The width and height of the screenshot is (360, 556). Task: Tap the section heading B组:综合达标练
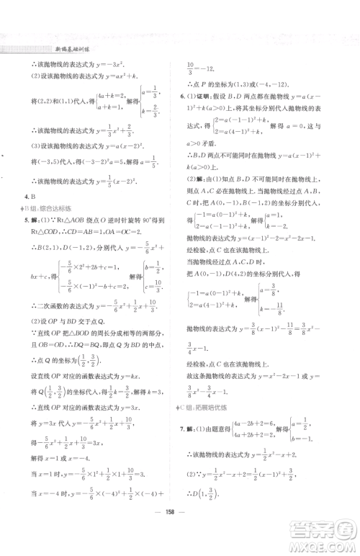click(46, 229)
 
